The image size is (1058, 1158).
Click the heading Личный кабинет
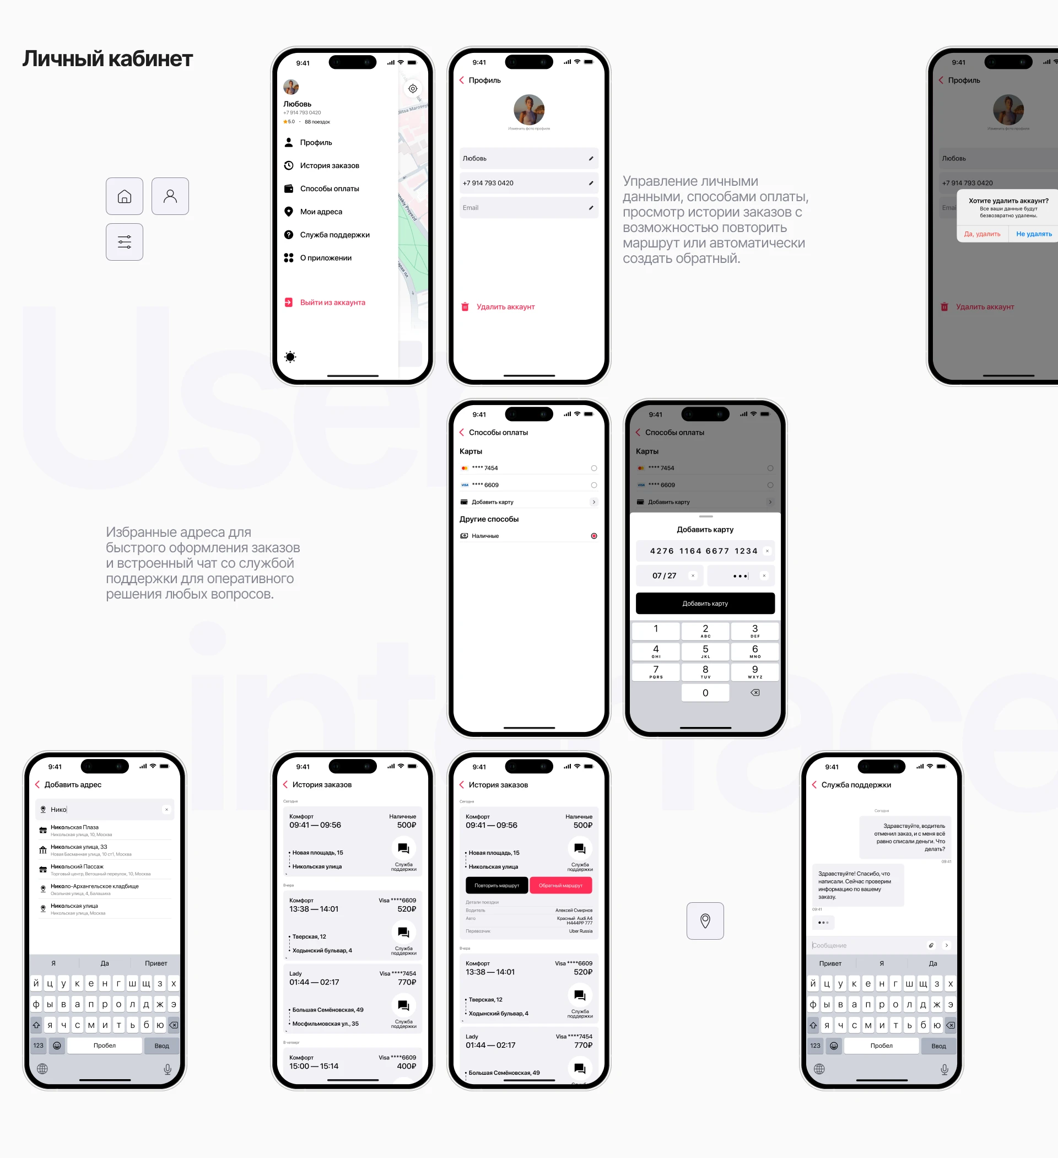107,58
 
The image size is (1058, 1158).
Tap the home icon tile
124,196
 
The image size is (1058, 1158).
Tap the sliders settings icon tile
124,242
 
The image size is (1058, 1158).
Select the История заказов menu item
329,165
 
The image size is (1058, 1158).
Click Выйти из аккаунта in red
332,303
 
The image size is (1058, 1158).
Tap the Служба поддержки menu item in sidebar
334,235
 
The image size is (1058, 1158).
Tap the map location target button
412,88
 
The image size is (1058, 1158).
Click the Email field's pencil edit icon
591,208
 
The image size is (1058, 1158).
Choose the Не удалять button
1033,234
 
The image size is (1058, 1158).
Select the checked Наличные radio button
594,536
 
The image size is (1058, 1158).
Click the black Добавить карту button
705,604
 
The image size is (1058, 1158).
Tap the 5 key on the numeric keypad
705,651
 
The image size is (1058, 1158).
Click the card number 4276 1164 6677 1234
703,551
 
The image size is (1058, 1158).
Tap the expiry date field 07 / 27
665,575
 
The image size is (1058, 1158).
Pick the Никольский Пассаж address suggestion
77,868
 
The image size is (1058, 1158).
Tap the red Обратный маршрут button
560,886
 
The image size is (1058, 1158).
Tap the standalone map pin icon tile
705,922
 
